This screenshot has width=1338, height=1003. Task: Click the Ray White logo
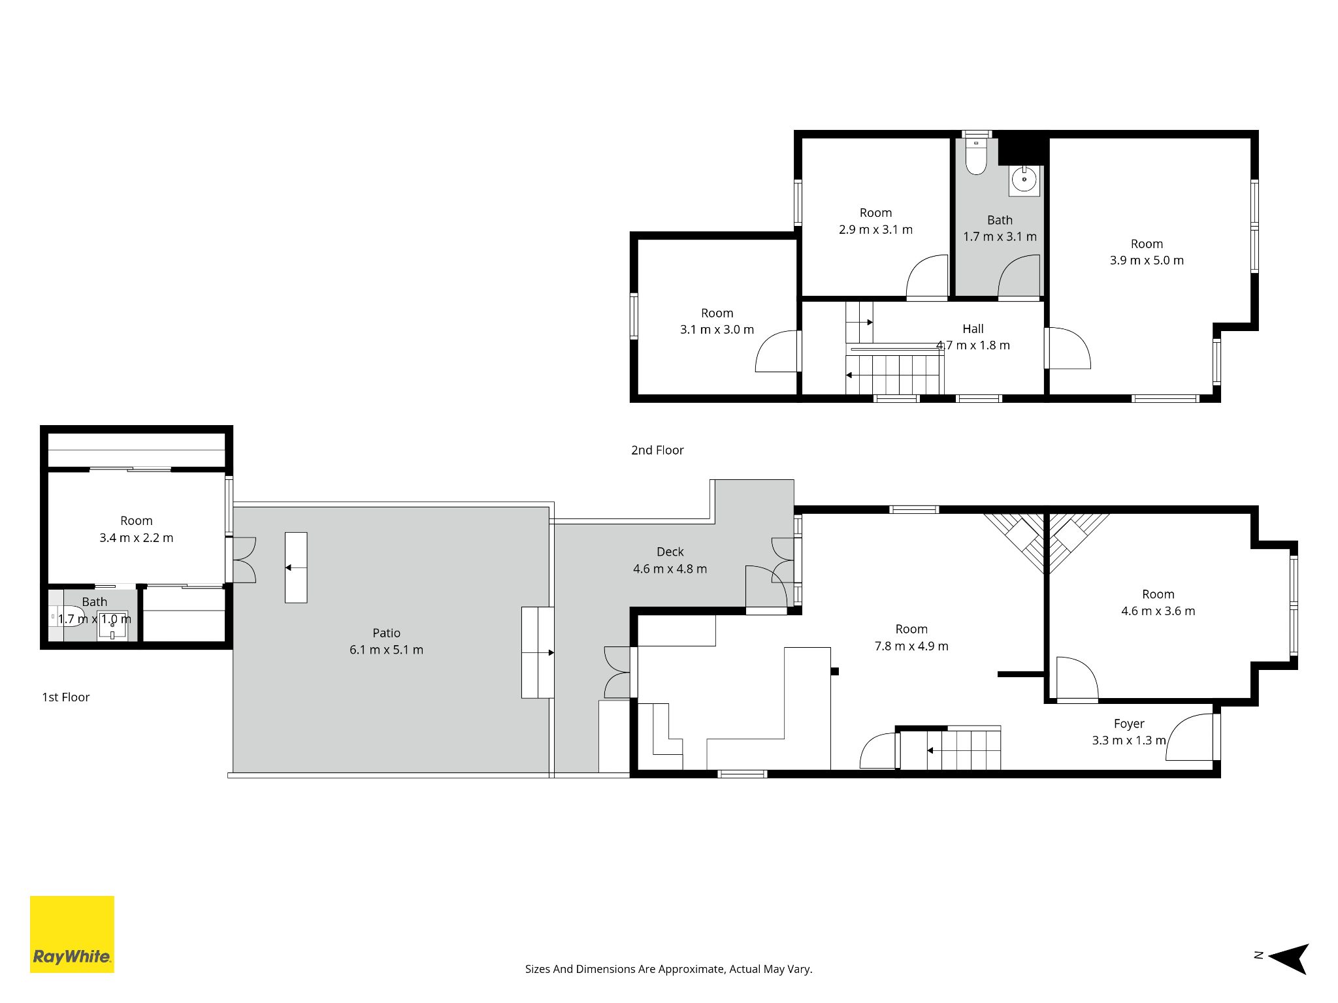pos(72,934)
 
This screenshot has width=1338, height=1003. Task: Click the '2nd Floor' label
pos(657,450)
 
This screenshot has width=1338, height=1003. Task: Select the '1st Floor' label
pos(65,697)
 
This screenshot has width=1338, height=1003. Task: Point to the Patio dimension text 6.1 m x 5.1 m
pos(386,650)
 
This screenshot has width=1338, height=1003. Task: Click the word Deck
pos(670,552)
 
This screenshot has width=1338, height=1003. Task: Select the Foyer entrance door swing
pos(1190,737)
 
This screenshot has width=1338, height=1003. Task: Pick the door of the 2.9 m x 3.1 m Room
pos(926,277)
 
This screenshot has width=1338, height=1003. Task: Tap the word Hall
pos(973,329)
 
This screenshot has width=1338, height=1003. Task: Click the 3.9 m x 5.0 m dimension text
pos(1147,260)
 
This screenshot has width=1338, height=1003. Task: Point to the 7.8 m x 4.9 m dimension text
pos(911,646)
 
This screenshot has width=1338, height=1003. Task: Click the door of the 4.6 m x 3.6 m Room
pos(1077,678)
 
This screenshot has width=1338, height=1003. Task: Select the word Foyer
pos(1129,724)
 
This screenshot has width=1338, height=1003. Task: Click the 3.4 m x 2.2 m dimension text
pos(137,537)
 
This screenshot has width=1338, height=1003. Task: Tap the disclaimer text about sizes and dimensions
pos(668,969)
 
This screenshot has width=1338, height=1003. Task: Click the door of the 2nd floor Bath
pos(1019,277)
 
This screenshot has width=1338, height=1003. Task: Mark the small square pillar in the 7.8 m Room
pos(834,671)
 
